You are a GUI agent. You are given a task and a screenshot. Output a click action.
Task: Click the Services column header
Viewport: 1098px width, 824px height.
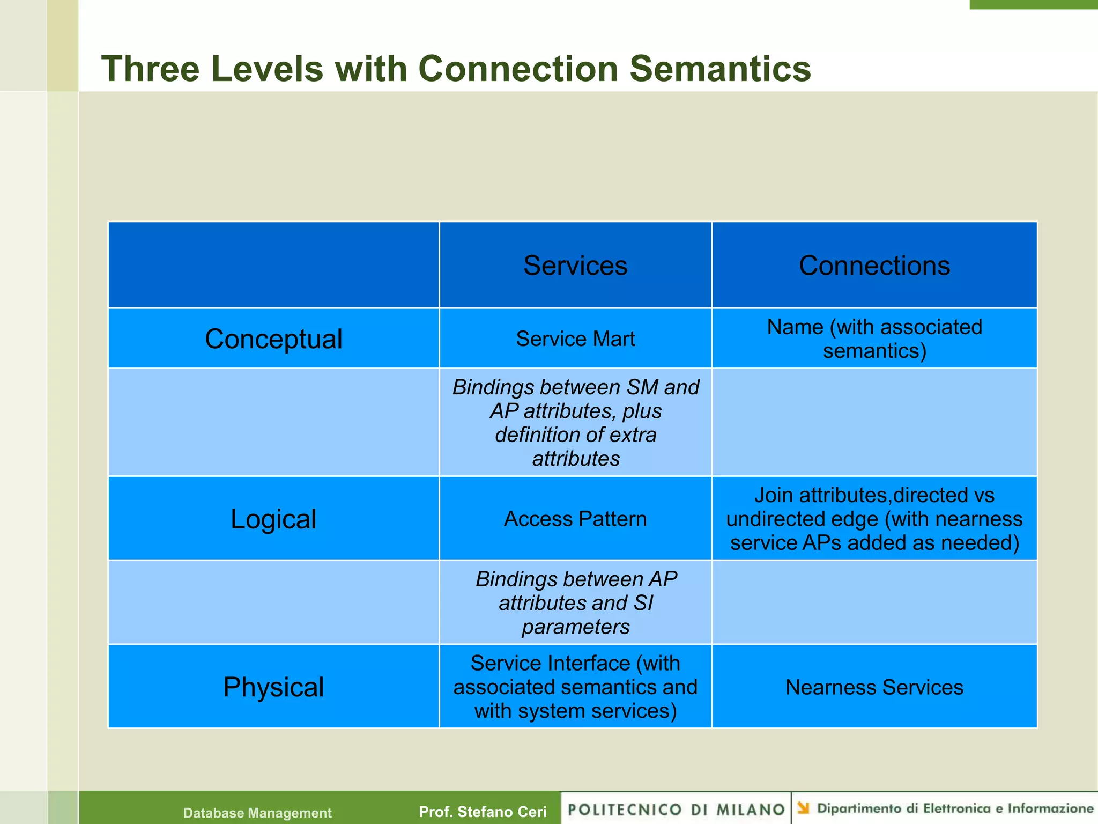tap(575, 266)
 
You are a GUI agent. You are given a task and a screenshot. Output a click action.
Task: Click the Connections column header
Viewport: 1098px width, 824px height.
tap(874, 266)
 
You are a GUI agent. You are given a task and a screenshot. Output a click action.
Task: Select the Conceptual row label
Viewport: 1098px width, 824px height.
tap(273, 339)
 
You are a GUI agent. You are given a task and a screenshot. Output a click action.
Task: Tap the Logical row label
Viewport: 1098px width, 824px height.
tap(273, 519)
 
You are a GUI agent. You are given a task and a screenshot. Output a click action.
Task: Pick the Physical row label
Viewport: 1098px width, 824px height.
tap(273, 687)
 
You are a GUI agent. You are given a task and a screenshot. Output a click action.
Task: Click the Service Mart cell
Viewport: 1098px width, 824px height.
tap(575, 339)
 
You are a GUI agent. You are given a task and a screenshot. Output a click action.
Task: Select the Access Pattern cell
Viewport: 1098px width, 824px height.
tap(575, 519)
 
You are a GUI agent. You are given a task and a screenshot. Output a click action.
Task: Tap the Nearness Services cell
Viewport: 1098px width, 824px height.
tap(874, 687)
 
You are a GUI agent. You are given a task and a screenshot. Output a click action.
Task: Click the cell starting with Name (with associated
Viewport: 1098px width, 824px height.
tap(874, 339)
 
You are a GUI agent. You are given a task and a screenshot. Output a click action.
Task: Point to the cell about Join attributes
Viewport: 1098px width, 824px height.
tap(874, 519)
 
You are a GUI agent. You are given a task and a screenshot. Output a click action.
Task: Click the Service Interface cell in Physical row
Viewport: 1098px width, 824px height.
tap(575, 687)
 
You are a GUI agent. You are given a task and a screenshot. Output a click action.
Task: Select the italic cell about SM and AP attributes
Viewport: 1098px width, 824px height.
tap(575, 423)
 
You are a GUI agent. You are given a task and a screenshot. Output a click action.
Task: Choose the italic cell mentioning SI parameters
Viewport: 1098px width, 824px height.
tap(575, 603)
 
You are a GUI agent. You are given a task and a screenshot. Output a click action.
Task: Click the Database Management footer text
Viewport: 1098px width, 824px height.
tap(257, 813)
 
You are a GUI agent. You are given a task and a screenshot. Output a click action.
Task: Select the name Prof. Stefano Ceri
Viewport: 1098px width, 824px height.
tap(483, 812)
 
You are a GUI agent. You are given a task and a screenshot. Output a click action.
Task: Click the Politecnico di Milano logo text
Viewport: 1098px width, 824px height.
tap(676, 810)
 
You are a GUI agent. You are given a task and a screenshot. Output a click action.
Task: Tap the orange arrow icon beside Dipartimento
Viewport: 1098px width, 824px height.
tap(803, 807)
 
